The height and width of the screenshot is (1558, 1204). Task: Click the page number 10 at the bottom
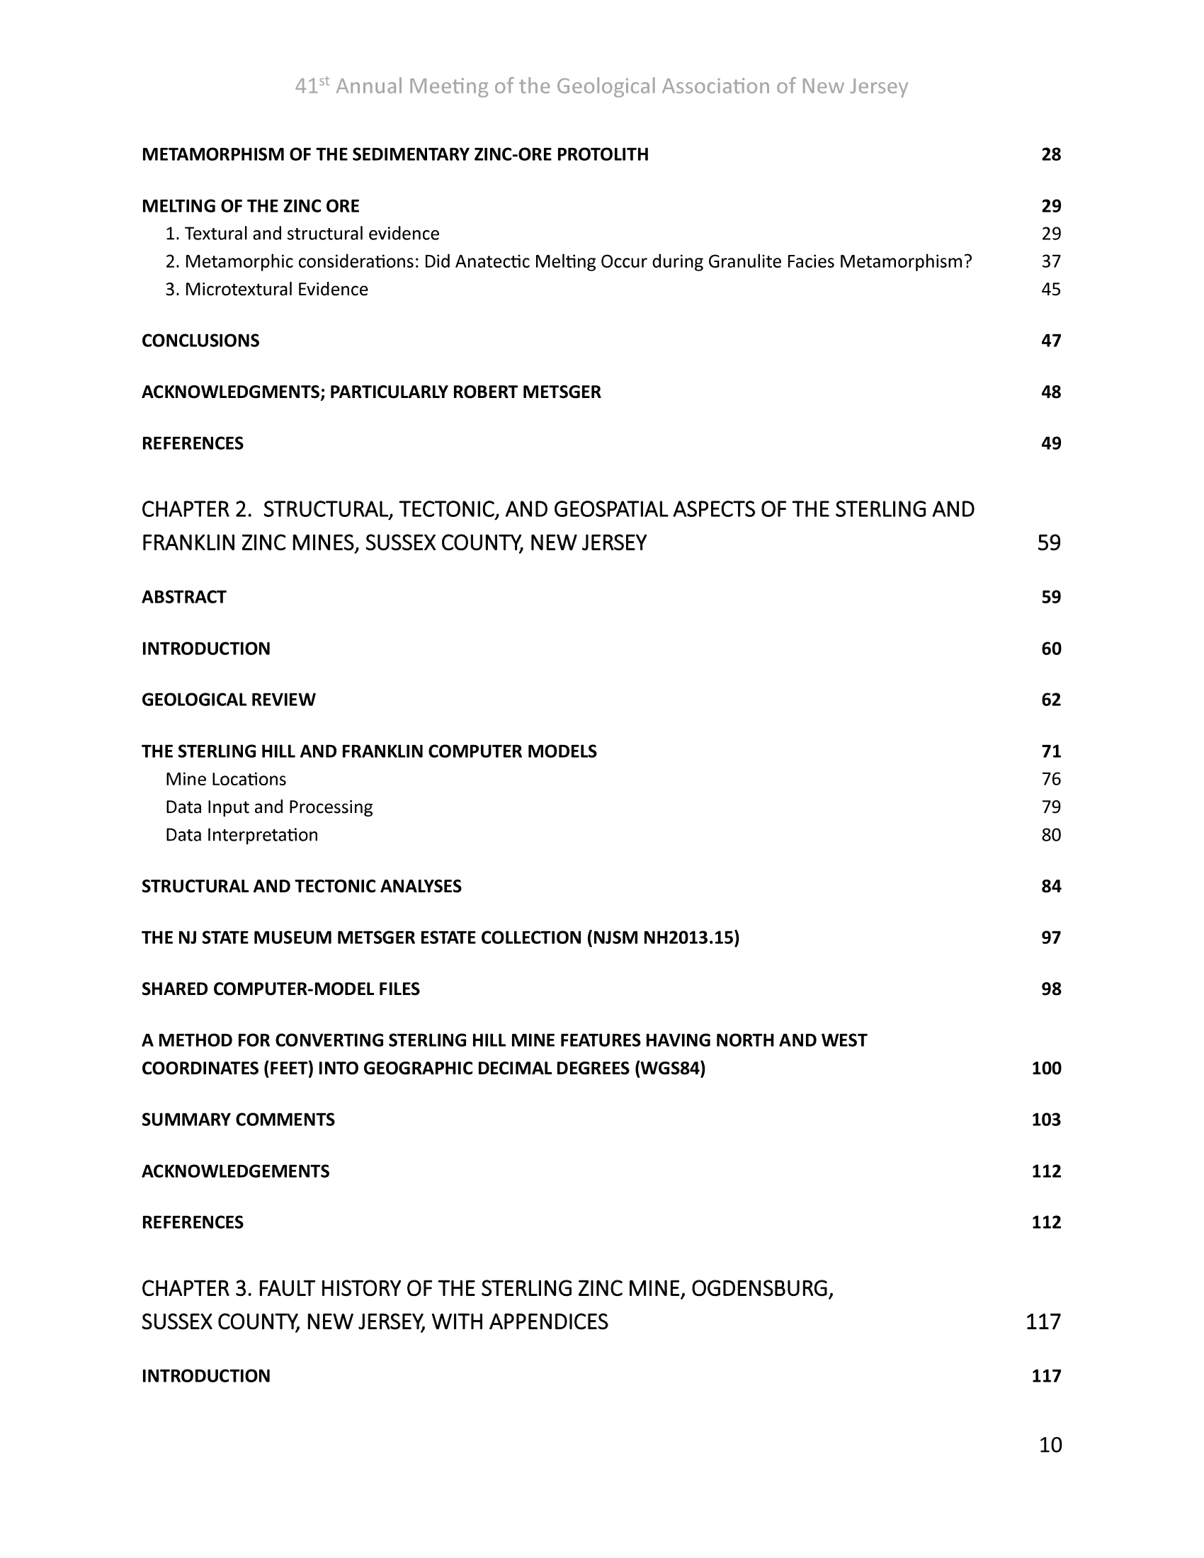(x=1050, y=1445)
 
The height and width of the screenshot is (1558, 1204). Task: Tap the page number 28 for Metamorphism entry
(x=1050, y=155)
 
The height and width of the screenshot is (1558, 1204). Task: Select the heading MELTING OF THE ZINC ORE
(x=250, y=206)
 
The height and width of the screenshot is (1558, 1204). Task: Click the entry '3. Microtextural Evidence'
(x=266, y=289)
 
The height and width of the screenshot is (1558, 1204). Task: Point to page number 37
(x=1050, y=262)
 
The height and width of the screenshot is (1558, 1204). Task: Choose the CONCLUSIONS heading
(x=200, y=341)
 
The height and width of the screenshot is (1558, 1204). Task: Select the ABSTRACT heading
(x=183, y=597)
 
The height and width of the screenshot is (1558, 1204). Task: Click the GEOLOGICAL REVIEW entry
(x=228, y=700)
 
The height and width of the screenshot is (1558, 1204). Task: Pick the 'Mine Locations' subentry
(x=225, y=779)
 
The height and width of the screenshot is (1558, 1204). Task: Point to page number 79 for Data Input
(x=1050, y=807)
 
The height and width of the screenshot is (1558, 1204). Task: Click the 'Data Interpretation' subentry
(x=241, y=835)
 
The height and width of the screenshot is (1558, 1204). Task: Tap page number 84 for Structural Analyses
(x=1050, y=886)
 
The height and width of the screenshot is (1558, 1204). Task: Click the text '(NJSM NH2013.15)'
(x=663, y=938)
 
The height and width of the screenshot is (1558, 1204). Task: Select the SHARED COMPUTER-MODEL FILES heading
(x=280, y=989)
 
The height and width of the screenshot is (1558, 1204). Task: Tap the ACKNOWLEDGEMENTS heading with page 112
(x=235, y=1171)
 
